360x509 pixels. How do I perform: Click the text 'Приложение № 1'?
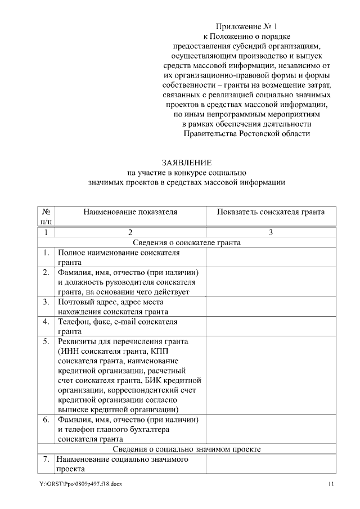coord(247,26)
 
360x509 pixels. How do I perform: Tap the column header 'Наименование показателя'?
coord(130,212)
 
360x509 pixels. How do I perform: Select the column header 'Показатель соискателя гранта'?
coord(271,212)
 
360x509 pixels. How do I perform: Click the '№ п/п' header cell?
coord(46,217)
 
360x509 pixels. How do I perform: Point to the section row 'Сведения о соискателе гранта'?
coord(187,243)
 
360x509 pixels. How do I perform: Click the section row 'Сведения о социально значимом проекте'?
coord(187,449)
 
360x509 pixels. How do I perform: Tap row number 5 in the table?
coord(46,341)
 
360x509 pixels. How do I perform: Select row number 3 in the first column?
coord(46,301)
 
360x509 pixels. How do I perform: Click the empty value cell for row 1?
coord(271,257)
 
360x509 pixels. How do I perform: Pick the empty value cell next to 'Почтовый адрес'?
coord(271,307)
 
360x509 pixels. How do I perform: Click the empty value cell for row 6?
coord(271,429)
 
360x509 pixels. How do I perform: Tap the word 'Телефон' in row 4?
coord(73,322)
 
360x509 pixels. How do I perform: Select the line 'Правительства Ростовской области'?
coord(246,134)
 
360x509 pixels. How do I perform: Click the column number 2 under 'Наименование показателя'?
coord(130,232)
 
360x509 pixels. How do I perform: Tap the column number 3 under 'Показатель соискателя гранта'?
coord(271,232)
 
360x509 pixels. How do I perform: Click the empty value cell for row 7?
coord(271,464)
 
